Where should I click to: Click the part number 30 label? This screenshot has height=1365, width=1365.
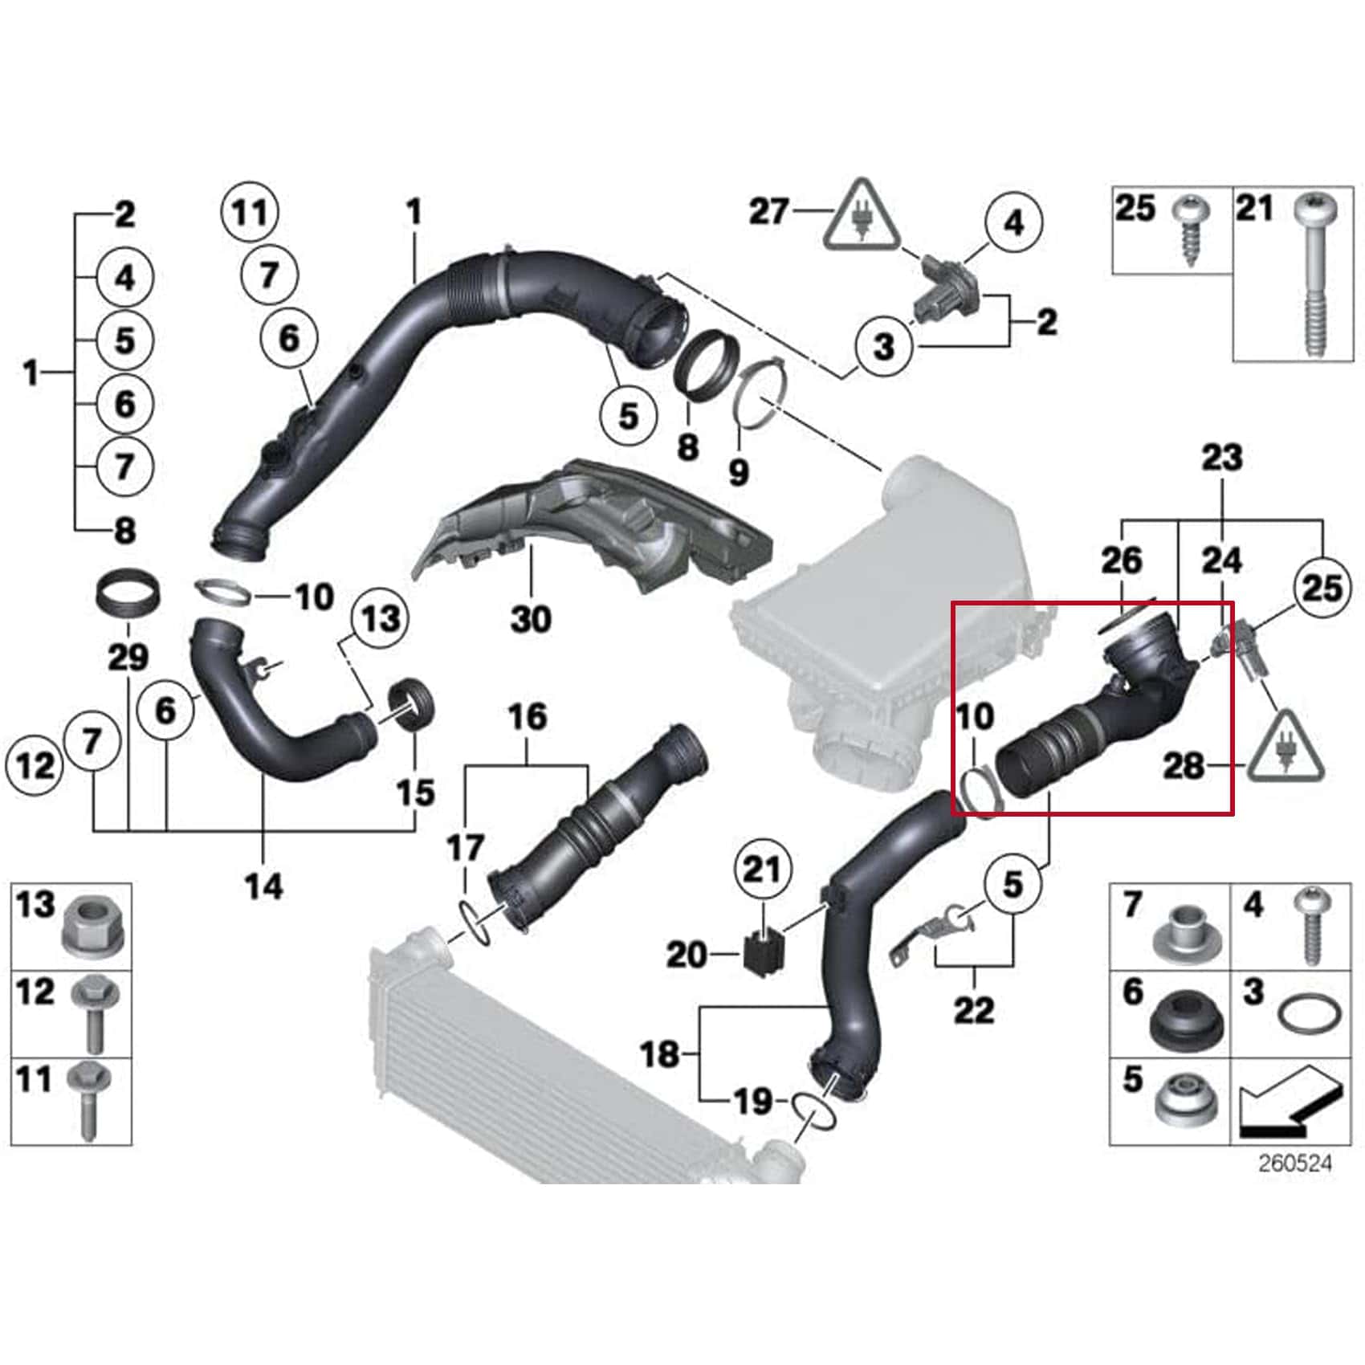coord(531,619)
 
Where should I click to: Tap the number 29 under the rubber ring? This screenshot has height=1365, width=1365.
coord(128,658)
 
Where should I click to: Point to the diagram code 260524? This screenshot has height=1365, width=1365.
coord(1294,1163)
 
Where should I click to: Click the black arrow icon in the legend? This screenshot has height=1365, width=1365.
coord(1290,1102)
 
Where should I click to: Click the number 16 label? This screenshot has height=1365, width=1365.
coord(528,717)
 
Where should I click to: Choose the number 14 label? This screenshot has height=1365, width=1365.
coord(264,886)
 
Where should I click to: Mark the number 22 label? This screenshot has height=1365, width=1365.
coord(974,1009)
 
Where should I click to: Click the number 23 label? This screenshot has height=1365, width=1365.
coord(1221,458)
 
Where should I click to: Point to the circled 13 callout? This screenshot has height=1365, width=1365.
coord(380,619)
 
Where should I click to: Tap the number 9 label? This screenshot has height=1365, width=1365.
coord(738,471)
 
